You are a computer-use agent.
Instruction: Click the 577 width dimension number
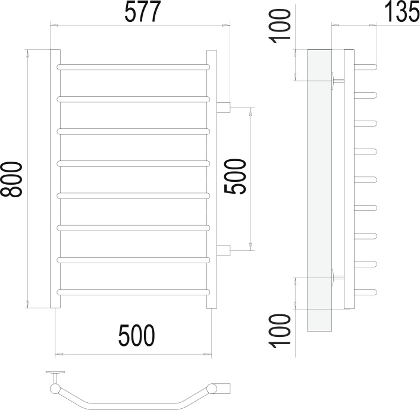coord(143,12)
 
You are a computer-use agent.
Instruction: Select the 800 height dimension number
coord(11,179)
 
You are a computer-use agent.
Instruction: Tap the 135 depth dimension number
coord(402,12)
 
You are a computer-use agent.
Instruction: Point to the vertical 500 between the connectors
coord(235,176)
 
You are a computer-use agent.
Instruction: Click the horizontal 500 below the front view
coord(137,335)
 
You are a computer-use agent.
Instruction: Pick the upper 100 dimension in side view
coord(280,26)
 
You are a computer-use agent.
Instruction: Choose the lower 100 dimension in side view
coord(280,332)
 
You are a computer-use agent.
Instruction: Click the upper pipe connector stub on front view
coord(224,108)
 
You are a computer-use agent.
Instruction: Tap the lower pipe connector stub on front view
coord(224,250)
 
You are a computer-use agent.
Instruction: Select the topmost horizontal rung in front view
coord(133,67)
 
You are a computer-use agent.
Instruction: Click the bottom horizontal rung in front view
coord(133,292)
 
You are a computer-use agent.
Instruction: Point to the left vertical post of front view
coord(55,179)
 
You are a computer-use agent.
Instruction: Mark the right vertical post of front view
coord(212,179)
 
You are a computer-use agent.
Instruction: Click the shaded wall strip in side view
coord(319,190)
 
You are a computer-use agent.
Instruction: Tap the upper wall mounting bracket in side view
coord(337,80)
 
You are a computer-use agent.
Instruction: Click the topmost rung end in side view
coord(366,67)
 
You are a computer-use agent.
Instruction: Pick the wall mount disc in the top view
coord(55,372)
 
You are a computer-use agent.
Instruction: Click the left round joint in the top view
coord(55,389)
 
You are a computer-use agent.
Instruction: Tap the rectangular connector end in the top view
coord(223,389)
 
